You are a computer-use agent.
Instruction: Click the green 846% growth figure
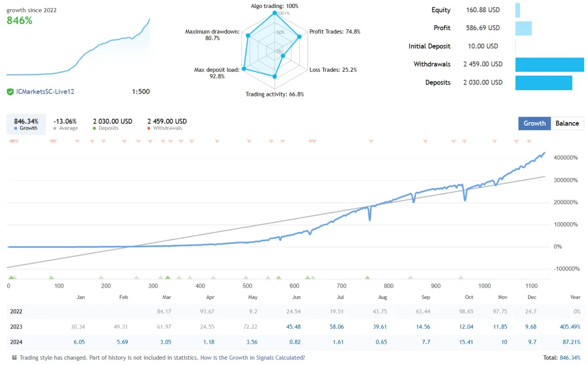(x=20, y=21)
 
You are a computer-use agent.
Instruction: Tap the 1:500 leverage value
(x=141, y=92)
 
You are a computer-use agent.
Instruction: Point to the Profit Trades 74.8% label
(x=335, y=32)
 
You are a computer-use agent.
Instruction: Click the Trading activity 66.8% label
(x=274, y=94)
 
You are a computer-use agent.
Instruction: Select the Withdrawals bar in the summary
(x=548, y=64)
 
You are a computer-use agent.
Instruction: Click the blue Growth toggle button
(x=534, y=123)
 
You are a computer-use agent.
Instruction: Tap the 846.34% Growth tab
(x=26, y=124)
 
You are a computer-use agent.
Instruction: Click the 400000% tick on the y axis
(x=566, y=158)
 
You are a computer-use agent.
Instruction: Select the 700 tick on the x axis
(x=342, y=286)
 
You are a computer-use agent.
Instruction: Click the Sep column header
(x=425, y=297)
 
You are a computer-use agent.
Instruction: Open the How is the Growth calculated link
(x=253, y=358)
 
